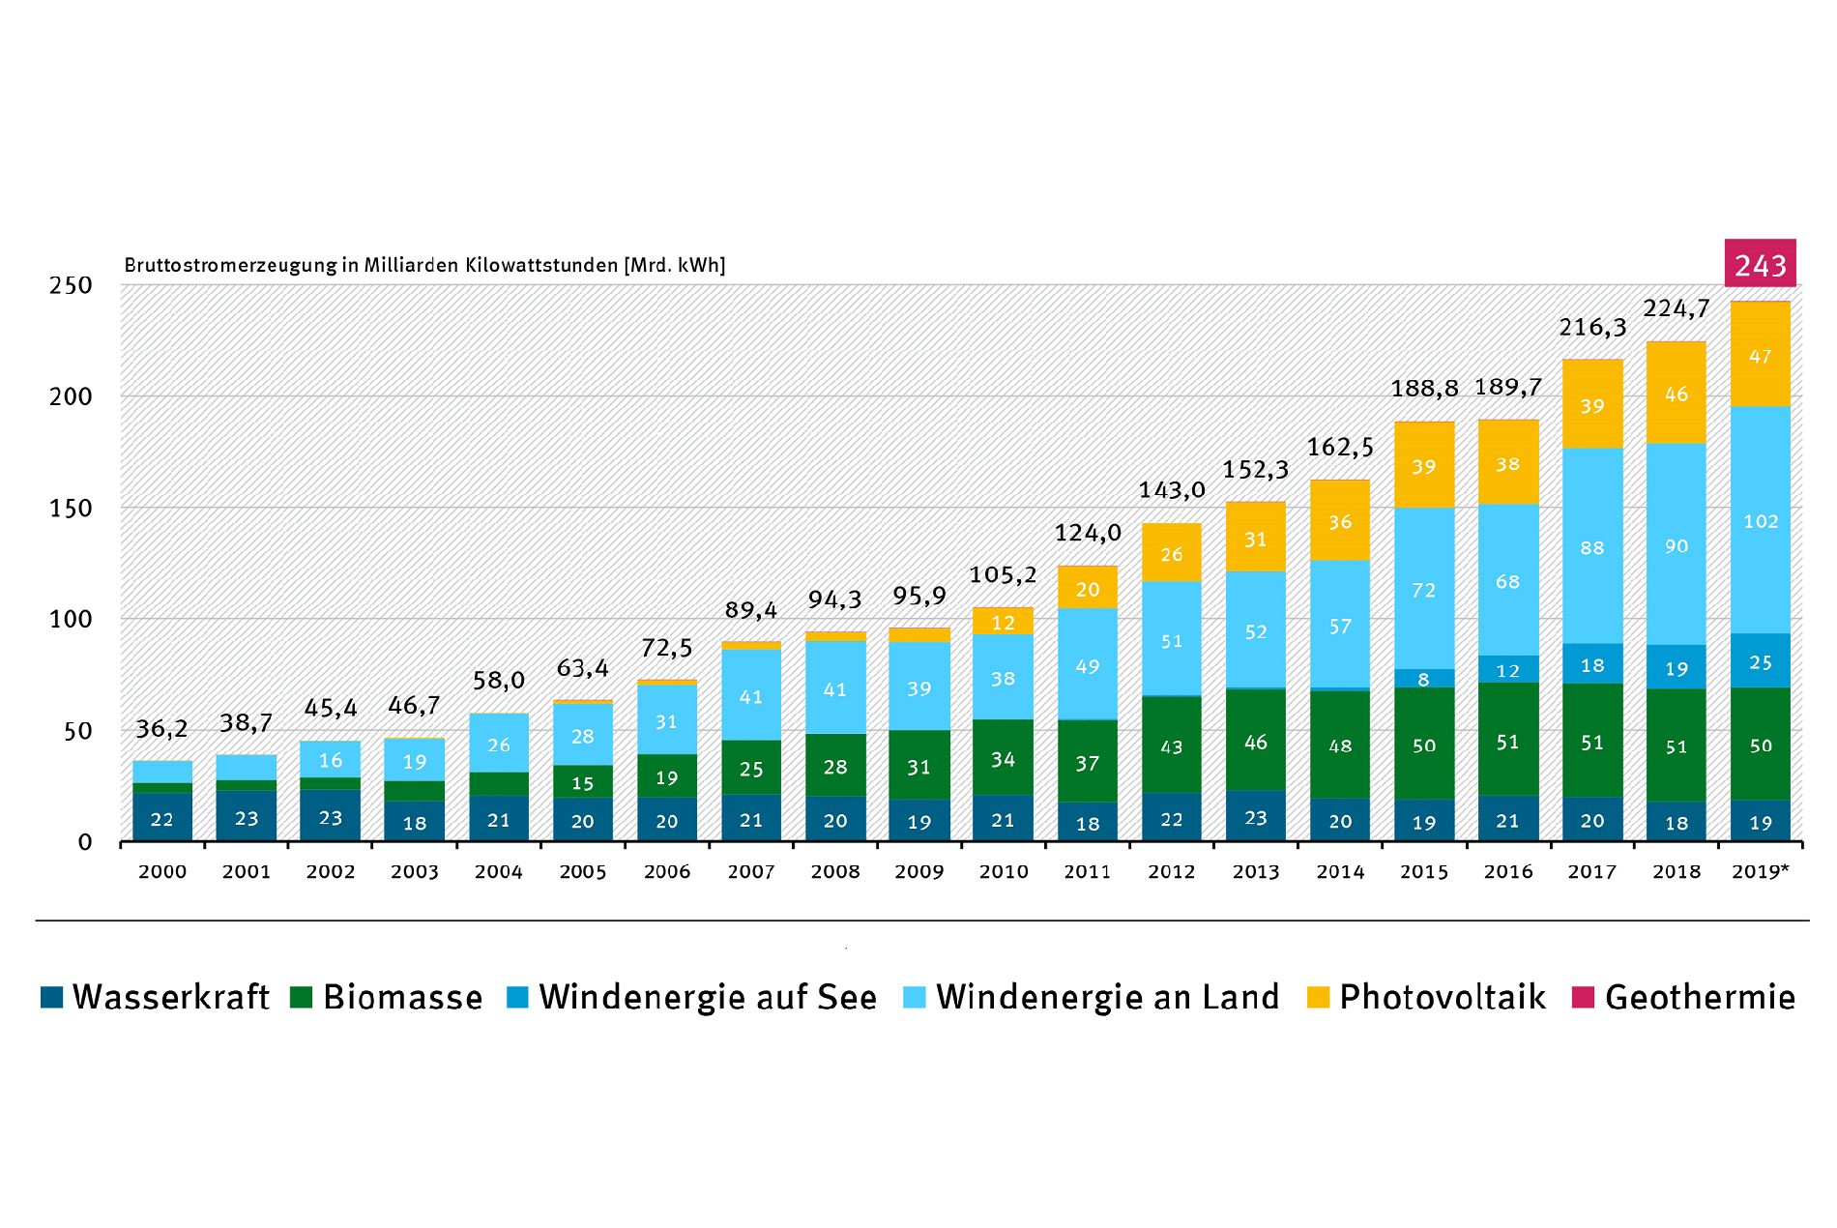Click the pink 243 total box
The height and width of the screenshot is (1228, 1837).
tap(1760, 264)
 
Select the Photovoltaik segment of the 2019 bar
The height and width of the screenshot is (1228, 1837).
tap(1760, 355)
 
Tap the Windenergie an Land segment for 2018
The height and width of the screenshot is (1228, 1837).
tap(1676, 544)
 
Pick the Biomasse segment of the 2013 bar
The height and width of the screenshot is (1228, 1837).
tap(1255, 741)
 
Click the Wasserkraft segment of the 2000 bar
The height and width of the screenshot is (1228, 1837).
tap(161, 818)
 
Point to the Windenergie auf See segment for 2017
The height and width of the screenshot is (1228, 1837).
tap(1591, 664)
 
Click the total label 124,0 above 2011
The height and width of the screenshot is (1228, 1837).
tap(1087, 533)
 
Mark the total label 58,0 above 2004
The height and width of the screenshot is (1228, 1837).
tap(498, 681)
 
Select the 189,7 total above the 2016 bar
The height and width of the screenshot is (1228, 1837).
tap(1507, 387)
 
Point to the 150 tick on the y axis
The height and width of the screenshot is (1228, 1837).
tap(71, 509)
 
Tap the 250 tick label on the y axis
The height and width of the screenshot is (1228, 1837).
tap(71, 286)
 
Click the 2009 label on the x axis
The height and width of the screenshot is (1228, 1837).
tap(918, 872)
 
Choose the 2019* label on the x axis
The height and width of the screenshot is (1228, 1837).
tap(1760, 872)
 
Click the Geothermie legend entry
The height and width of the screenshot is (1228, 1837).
tap(1683, 997)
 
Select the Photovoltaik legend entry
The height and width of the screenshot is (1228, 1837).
tap(1425, 997)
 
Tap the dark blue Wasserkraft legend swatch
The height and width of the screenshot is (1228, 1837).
tap(51, 997)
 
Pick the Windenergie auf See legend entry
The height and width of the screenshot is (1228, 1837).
tap(691, 997)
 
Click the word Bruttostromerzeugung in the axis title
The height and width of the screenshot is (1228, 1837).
tap(230, 265)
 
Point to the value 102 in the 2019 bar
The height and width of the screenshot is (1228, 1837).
tap(1760, 521)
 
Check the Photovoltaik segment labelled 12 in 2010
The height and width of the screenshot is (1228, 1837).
tap(1003, 622)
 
